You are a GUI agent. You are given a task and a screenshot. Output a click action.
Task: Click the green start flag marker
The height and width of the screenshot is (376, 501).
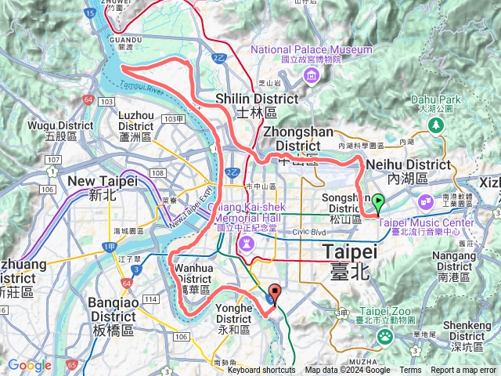[378, 202]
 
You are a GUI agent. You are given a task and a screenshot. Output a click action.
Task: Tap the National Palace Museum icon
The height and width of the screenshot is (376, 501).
[312, 75]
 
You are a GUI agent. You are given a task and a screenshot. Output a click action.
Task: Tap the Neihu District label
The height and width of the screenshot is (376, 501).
[419, 164]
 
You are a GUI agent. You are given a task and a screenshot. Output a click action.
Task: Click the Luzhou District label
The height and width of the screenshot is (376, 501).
[135, 120]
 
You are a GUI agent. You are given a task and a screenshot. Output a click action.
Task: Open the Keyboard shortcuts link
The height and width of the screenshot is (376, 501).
[261, 371]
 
